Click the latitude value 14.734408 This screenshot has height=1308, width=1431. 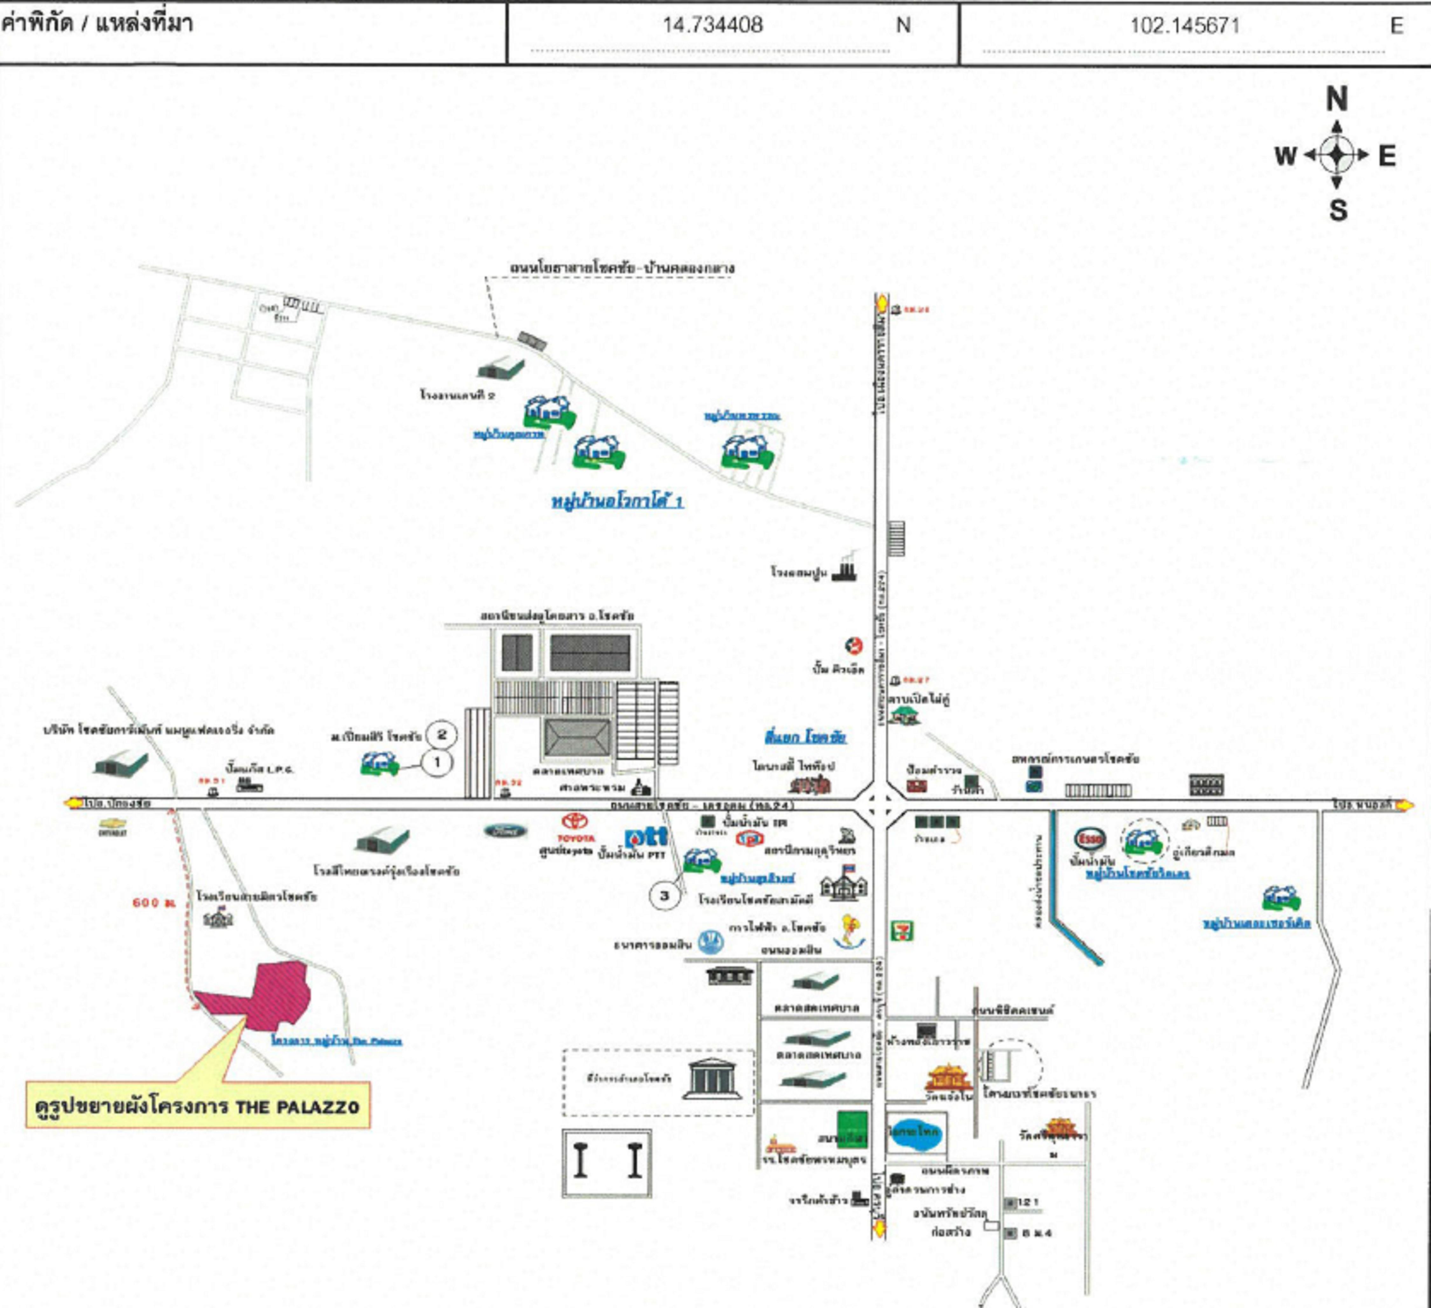(713, 25)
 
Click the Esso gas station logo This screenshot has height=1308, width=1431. (1089, 839)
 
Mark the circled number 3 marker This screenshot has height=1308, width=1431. (664, 896)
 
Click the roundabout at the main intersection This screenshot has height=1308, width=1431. (880, 805)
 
